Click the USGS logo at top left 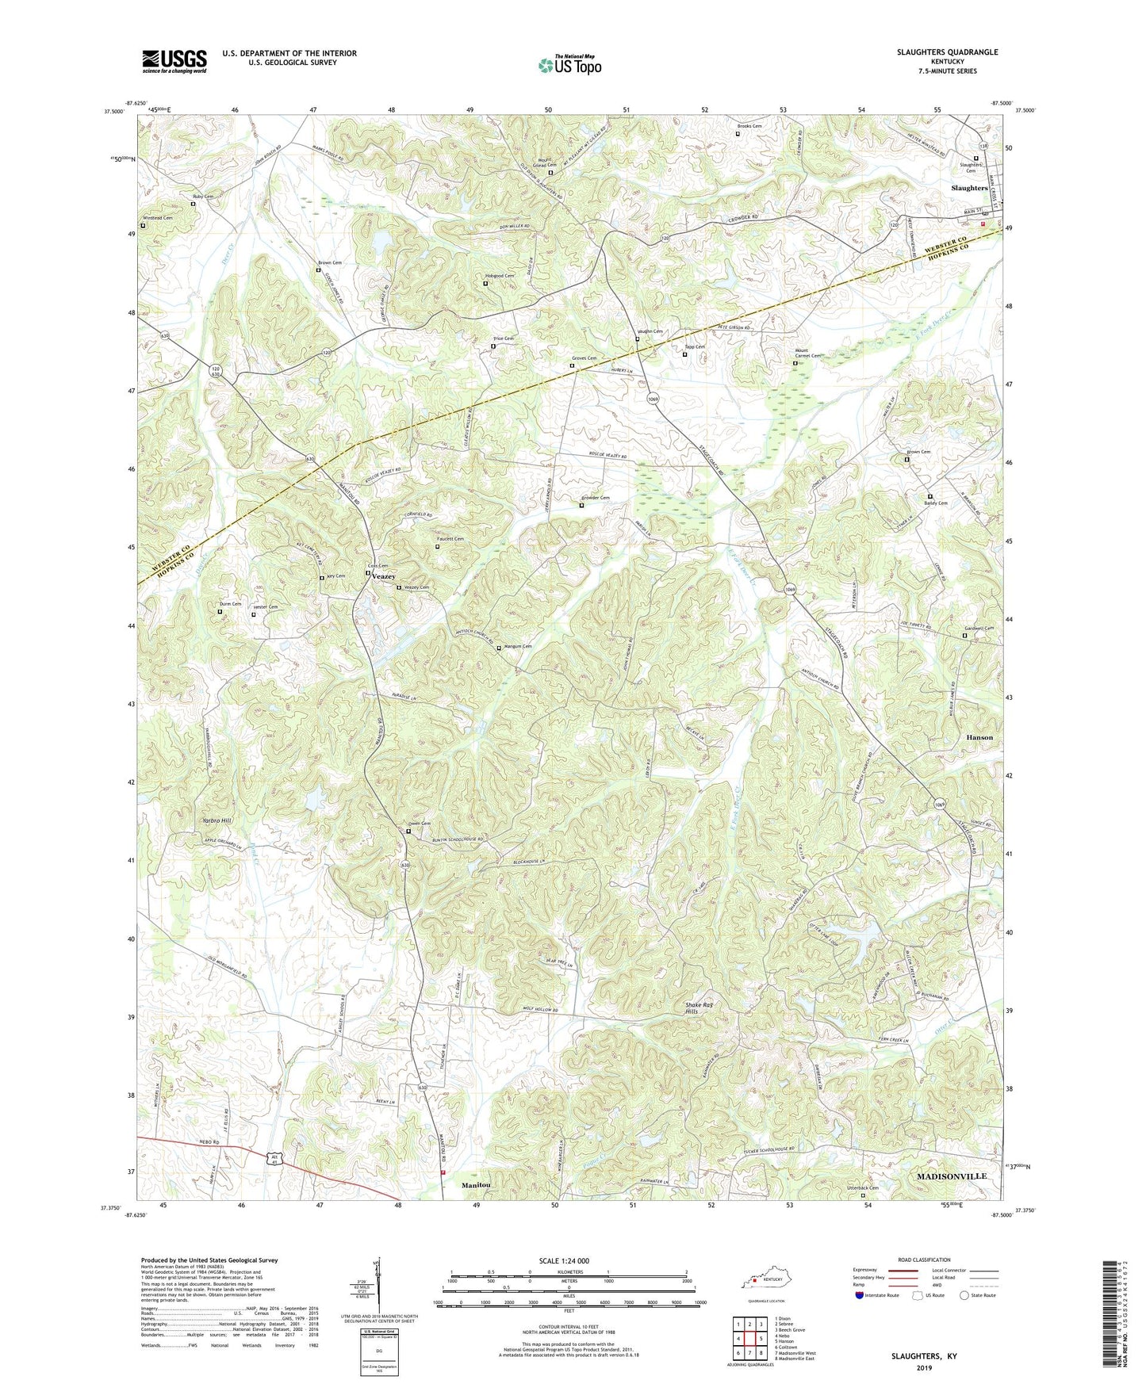(x=174, y=61)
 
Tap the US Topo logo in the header (x=569, y=65)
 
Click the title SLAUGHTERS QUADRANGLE (x=947, y=52)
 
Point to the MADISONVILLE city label (x=951, y=1176)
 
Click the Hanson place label (x=979, y=737)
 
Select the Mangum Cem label (x=517, y=646)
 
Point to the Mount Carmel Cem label (x=807, y=356)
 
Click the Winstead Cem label (x=157, y=218)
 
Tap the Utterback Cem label (x=863, y=1188)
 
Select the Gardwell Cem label (x=979, y=628)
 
